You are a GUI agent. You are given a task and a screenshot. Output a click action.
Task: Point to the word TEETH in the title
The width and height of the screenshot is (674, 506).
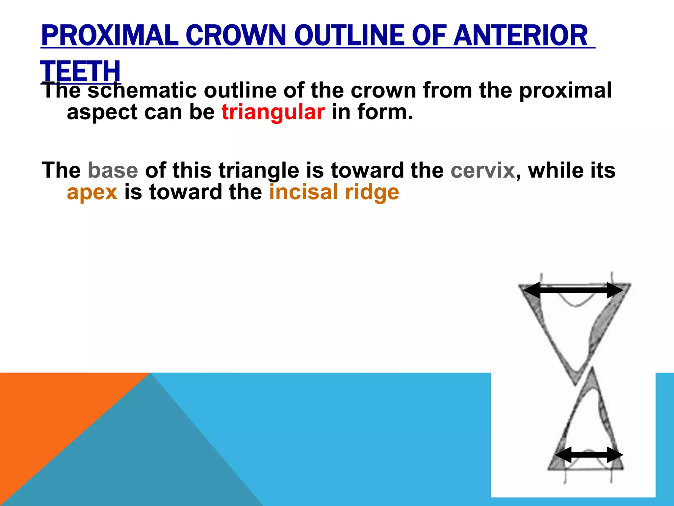tap(81, 71)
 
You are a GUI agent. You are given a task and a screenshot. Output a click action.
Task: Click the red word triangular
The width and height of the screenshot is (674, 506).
tap(273, 112)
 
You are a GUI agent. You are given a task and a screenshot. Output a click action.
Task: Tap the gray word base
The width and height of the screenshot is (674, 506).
tap(113, 170)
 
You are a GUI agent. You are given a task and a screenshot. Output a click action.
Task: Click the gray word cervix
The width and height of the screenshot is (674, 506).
tap(482, 170)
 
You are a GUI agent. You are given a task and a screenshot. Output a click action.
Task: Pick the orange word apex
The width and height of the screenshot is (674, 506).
tap(92, 192)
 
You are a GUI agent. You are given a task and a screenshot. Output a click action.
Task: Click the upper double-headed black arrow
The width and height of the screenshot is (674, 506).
tap(573, 290)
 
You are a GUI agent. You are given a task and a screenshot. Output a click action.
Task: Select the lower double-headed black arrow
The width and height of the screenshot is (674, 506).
tap(588, 455)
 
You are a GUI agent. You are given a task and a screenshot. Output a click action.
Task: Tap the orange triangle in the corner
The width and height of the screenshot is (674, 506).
tap(49, 412)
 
